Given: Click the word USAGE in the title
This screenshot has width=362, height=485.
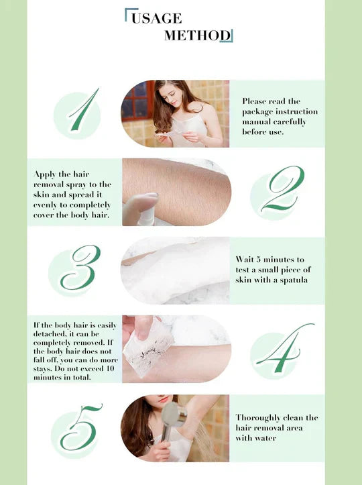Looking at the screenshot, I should pos(156,19).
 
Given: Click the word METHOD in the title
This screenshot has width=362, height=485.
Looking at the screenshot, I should pos(197,36).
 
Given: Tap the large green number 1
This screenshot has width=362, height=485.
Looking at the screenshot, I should pos(79,111).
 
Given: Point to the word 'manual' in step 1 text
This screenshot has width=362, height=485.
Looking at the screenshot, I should pos(254,122).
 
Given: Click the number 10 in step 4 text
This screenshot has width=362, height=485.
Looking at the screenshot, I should pos(111,369).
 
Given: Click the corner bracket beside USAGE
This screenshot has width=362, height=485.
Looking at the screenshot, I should pos(127,15).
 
